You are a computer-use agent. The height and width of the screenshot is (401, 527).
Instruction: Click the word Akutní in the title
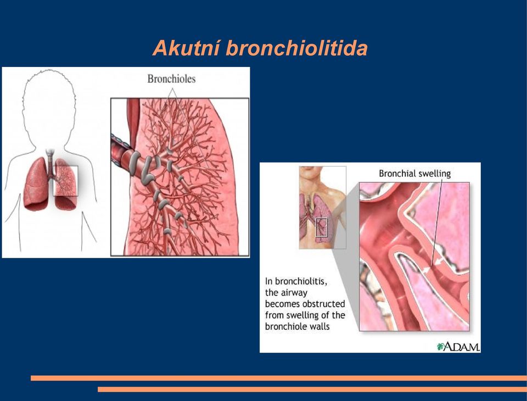(x=187, y=48)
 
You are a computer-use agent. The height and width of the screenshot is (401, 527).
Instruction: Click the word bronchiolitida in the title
(x=297, y=48)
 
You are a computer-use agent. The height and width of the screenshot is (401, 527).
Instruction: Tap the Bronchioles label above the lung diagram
(x=171, y=79)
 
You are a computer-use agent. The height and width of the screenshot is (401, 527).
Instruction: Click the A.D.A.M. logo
(x=458, y=347)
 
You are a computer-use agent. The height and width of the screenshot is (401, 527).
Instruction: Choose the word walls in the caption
(x=320, y=326)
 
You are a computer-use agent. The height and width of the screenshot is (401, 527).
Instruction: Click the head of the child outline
(x=49, y=104)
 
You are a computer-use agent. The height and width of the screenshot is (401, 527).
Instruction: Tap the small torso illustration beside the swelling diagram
(x=323, y=208)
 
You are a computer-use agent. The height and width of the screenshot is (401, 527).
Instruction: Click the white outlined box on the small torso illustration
(x=316, y=227)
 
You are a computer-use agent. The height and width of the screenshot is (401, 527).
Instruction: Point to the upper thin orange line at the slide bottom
(x=279, y=378)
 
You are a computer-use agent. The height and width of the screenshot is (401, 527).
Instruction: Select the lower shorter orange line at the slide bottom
(x=312, y=389)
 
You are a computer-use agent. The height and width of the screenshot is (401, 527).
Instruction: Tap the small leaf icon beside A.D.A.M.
(x=440, y=347)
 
